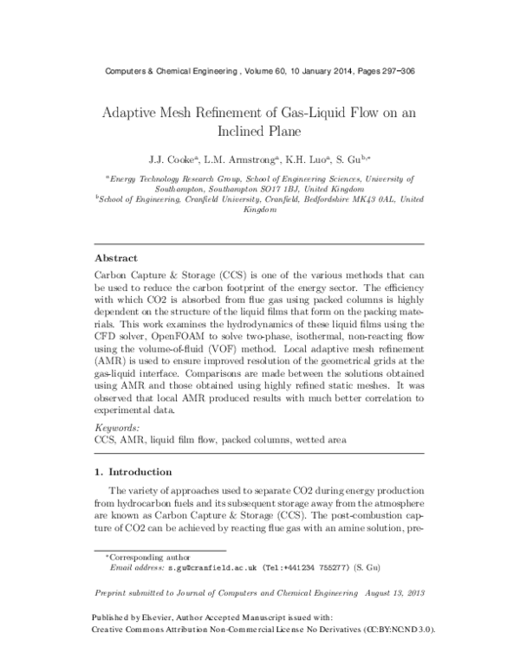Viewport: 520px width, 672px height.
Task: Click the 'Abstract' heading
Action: pyautogui.click(x=117, y=256)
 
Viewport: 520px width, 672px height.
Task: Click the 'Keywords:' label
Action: pyautogui.click(x=116, y=427)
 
